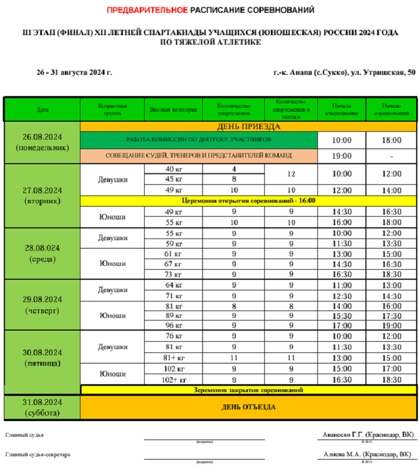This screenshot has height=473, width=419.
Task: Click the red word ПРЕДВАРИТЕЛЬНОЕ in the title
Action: point(147,9)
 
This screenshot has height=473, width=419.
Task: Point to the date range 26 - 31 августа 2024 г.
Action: point(74,73)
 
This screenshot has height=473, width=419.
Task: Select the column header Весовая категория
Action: point(173,110)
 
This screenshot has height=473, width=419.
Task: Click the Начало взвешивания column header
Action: point(341,110)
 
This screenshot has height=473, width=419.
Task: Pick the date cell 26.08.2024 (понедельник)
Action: point(42,142)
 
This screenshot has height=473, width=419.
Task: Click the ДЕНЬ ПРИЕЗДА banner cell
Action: point(249,127)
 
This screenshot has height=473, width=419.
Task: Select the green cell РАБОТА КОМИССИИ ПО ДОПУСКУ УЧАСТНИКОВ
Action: point(198,140)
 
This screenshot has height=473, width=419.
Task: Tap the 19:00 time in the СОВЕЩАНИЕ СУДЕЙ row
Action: point(341,156)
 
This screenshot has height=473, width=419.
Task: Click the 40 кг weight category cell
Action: point(174,169)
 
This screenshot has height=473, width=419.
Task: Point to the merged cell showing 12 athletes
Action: point(291,174)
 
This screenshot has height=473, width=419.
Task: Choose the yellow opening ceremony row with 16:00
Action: point(249,200)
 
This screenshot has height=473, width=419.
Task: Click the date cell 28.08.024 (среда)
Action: point(42,253)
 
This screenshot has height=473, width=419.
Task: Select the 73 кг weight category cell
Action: point(174,274)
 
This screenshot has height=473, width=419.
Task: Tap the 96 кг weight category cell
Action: point(174,326)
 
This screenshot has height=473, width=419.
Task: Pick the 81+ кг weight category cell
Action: point(174,357)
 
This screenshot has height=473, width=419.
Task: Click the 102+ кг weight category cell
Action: point(174,380)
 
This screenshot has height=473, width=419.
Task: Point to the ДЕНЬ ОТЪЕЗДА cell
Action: point(250,407)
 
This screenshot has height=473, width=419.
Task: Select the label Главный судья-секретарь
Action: point(38,455)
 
